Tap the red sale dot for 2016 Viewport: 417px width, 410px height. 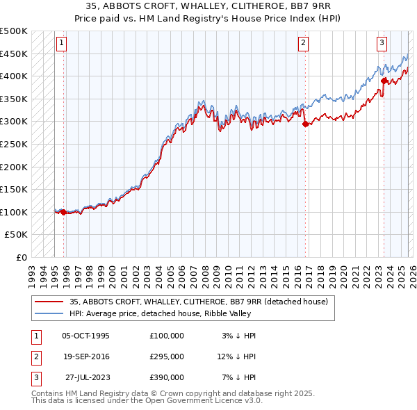pos(305,124)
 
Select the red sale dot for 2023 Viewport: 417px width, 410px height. pos(383,81)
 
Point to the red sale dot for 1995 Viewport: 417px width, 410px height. pos(63,212)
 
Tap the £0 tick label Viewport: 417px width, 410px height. pos(21,257)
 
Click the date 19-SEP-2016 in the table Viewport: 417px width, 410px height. pos(85,356)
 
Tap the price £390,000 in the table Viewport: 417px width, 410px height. pos(167,377)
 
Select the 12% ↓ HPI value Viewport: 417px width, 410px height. pos(236,356)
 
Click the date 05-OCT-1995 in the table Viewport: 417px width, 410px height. pos(85,336)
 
